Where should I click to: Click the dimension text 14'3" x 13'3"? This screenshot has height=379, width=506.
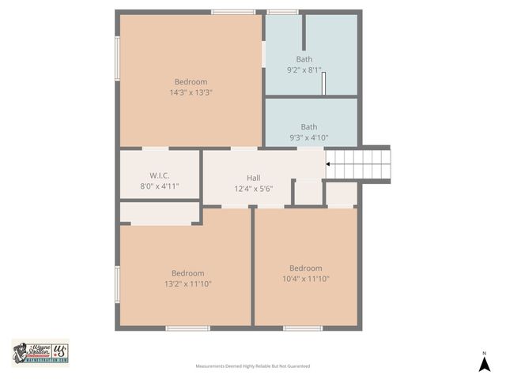(x=191, y=92)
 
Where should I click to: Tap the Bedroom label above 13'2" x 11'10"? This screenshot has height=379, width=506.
(x=188, y=273)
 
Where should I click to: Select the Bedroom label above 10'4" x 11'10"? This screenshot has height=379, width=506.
(x=305, y=268)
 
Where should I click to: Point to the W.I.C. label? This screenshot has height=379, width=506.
(x=160, y=175)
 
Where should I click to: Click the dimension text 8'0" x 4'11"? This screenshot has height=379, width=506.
(x=160, y=186)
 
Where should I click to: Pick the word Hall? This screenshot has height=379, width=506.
(x=253, y=178)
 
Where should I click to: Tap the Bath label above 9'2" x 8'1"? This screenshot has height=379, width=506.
(x=304, y=59)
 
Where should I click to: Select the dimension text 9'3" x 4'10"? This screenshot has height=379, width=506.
(x=309, y=137)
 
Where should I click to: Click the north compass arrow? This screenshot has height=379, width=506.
(x=485, y=364)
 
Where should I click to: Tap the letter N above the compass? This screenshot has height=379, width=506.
(x=485, y=352)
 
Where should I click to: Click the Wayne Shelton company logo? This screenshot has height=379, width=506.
(x=40, y=353)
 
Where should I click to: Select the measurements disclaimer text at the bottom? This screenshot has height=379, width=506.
(x=253, y=366)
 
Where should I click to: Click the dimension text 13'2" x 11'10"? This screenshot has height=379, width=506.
(x=188, y=283)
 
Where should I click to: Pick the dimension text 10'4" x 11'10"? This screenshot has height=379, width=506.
(x=305, y=278)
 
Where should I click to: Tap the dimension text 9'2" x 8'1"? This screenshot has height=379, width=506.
(x=304, y=69)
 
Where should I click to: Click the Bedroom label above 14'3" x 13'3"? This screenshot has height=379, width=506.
(x=191, y=81)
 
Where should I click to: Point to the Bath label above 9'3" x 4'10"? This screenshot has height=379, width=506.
(x=309, y=126)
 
